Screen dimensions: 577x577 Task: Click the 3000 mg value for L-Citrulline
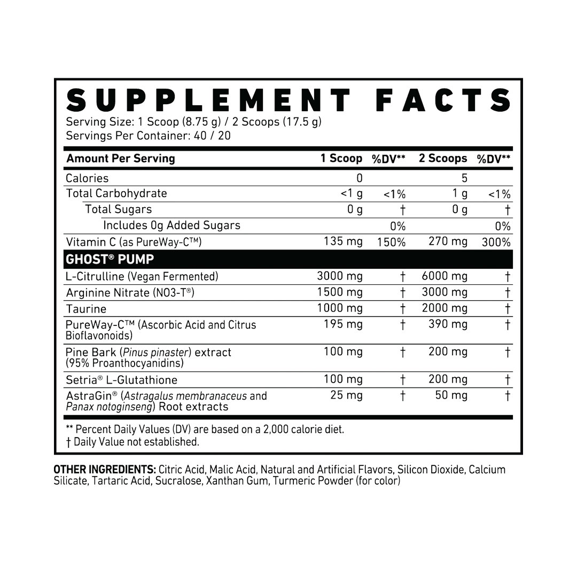click(x=340, y=276)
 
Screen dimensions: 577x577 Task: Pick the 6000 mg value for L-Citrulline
click(x=445, y=276)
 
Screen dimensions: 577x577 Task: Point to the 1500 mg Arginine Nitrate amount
click(x=340, y=292)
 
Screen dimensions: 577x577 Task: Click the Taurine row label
click(x=85, y=309)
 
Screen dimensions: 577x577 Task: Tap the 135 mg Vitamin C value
click(x=343, y=242)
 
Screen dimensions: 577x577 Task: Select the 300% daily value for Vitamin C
click(x=496, y=242)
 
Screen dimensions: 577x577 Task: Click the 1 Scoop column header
click(x=341, y=159)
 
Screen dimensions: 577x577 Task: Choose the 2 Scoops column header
click(x=443, y=159)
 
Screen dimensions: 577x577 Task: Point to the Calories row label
click(x=87, y=178)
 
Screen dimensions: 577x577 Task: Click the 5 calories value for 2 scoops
click(x=464, y=178)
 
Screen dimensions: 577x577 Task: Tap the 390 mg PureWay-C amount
click(x=448, y=324)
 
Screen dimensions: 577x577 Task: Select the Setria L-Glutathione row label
click(x=121, y=380)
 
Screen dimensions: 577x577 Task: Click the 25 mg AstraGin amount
click(x=347, y=396)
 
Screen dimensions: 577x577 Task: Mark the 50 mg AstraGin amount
click(x=452, y=396)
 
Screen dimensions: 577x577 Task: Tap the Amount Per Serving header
click(x=120, y=159)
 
